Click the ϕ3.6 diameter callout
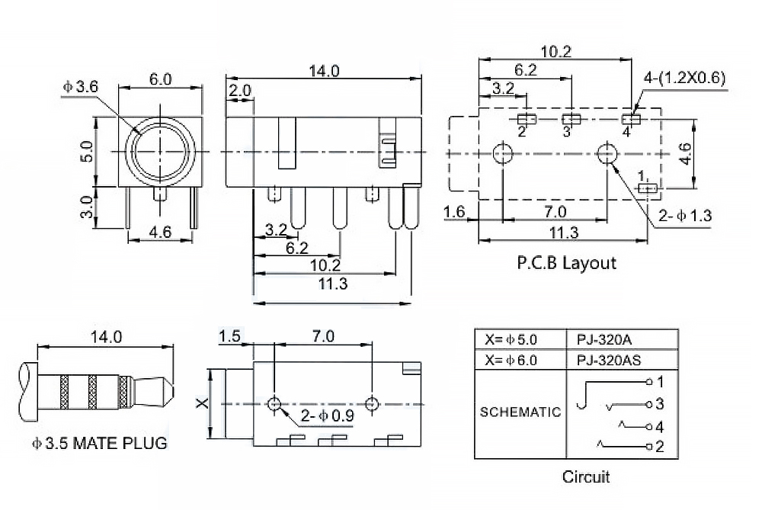click(81, 87)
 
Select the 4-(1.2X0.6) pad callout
click(685, 78)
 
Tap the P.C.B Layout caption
click(566, 264)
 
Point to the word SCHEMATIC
click(520, 412)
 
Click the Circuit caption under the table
click(586, 478)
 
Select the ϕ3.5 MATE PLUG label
click(99, 443)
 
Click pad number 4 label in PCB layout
click(626, 132)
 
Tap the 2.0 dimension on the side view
click(240, 91)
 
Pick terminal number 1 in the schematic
click(661, 380)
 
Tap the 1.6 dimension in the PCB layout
click(455, 211)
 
